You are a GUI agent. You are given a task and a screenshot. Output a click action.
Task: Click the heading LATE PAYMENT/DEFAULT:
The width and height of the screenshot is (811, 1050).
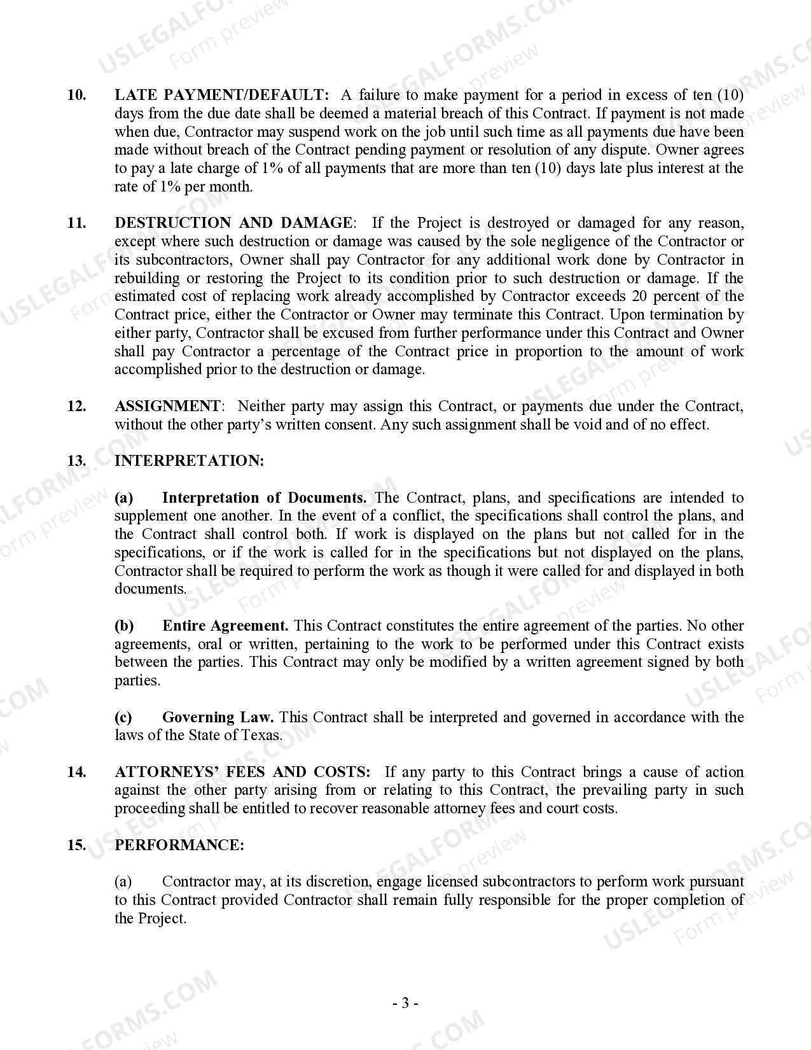tap(221, 95)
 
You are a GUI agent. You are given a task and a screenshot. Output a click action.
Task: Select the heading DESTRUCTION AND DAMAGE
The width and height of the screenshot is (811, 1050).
tap(233, 223)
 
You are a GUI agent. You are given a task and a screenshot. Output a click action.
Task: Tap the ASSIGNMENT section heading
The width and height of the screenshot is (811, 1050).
tap(167, 406)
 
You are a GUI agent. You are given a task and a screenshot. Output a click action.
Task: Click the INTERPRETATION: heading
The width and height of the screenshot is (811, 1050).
tap(189, 461)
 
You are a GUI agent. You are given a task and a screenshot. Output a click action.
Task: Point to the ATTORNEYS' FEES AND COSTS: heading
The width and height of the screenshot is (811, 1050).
tap(242, 772)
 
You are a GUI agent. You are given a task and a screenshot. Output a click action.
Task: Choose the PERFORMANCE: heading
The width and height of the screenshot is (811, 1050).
tap(179, 845)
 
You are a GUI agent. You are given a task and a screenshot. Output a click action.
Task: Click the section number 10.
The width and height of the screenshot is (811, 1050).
tap(76, 95)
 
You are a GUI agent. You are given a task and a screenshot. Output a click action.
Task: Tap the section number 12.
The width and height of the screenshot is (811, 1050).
tap(76, 406)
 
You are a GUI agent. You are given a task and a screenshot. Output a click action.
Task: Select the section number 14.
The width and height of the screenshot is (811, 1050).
tap(76, 772)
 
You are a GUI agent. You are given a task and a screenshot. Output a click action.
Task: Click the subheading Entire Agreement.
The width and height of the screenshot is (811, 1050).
tap(225, 626)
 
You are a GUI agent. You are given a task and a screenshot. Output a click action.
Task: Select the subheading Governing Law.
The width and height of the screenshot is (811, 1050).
tap(218, 717)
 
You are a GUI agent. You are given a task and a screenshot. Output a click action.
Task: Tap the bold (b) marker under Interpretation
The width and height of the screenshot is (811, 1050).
tap(124, 626)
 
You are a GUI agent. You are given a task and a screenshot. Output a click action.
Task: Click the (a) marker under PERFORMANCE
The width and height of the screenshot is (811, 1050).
tap(123, 881)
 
